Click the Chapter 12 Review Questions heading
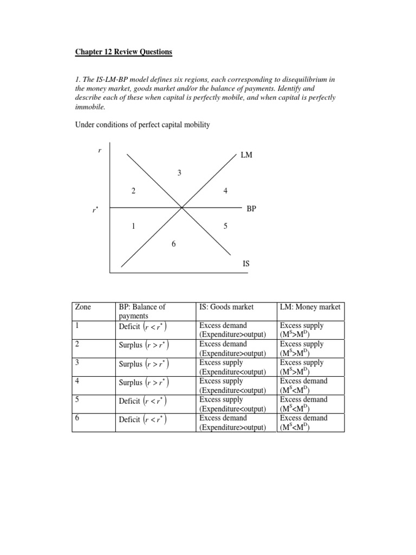[x=123, y=52]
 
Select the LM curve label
[x=247, y=155]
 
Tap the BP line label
[x=251, y=208]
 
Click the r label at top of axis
[x=100, y=150]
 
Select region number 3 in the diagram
[x=179, y=173]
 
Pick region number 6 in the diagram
[x=174, y=244]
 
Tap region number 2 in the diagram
[x=133, y=191]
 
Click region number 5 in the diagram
[x=225, y=226]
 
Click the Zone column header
[x=83, y=307]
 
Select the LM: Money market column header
[x=310, y=307]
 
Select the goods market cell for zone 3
[x=232, y=367]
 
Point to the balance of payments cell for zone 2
[x=144, y=345]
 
